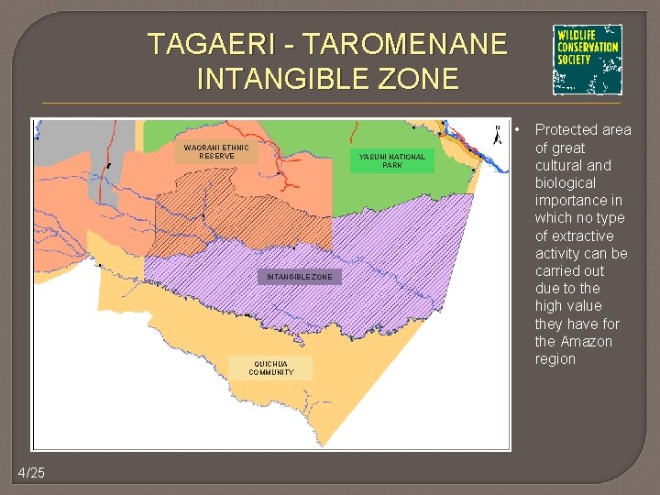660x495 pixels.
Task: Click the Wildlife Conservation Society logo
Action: pyautogui.click(x=587, y=60)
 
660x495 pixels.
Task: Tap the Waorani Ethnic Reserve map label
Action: pyautogui.click(x=216, y=151)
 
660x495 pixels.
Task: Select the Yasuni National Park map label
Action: pyautogui.click(x=392, y=160)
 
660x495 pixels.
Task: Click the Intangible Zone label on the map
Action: pyautogui.click(x=300, y=277)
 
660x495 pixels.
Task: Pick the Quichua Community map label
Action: pyautogui.click(x=271, y=368)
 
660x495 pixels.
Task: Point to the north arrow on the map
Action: pyautogui.click(x=497, y=135)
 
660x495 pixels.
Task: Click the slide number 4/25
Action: pyautogui.click(x=30, y=472)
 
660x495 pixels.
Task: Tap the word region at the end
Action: pyautogui.click(x=555, y=359)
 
